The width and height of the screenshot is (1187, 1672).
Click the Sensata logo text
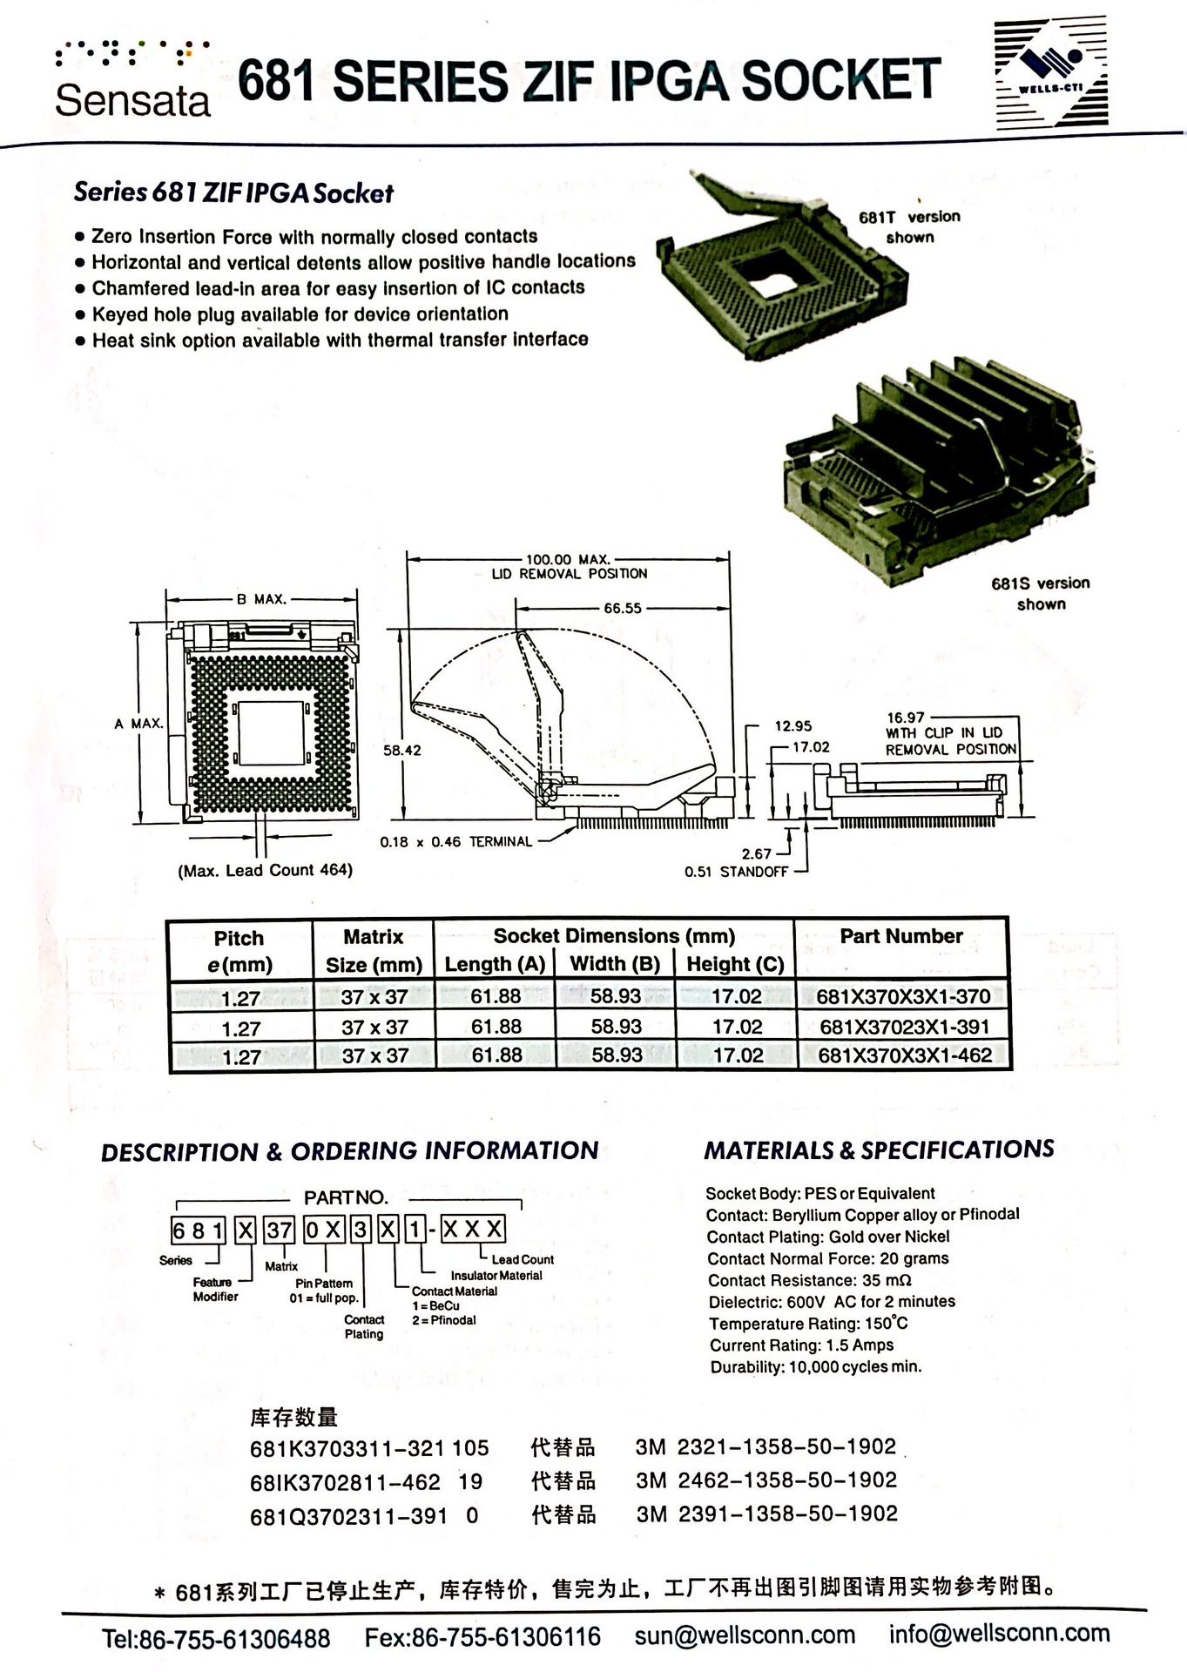coord(132,100)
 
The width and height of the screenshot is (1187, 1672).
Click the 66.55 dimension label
coord(622,609)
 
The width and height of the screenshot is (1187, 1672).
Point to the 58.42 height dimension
coord(401,750)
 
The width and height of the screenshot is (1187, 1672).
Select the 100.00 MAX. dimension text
coord(568,560)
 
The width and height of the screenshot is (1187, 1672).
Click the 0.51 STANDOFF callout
coord(735,872)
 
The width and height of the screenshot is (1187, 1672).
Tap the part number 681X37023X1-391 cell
coord(904,1027)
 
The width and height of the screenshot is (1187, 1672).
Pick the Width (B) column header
coord(615,964)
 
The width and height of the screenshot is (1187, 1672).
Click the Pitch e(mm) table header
coord(239,951)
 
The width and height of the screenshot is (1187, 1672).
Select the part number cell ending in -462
coord(904,1055)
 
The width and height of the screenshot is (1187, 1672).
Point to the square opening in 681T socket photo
coord(770,283)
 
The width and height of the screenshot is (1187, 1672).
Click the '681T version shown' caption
coord(909,226)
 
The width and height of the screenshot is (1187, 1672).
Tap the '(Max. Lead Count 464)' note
coord(266,871)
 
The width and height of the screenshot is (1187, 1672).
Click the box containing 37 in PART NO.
coord(280,1230)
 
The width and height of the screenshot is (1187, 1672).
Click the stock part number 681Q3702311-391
coord(348,1517)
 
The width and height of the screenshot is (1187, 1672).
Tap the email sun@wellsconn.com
coord(745,1635)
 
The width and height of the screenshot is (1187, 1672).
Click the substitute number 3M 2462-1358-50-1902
coord(766,1480)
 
